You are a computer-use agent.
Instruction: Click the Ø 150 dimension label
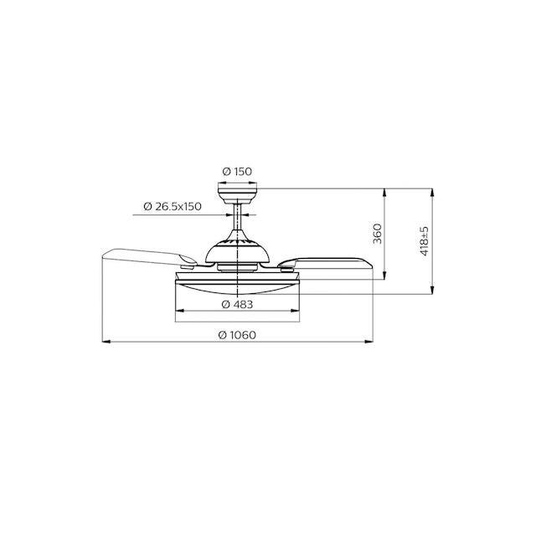[x=237, y=171]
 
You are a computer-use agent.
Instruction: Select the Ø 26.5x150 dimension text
[x=173, y=207]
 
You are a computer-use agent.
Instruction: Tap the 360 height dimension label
[x=377, y=234]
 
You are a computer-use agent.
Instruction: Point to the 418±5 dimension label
[x=425, y=240]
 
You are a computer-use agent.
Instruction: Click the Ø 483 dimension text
[x=237, y=304]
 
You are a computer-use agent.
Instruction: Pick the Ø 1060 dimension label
[x=237, y=335]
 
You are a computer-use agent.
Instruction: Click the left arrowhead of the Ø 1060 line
[x=106, y=341]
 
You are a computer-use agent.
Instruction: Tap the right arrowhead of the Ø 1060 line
[x=368, y=341]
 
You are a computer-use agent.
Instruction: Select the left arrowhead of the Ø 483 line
[x=179, y=311]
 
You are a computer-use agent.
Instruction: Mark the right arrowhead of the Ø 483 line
[x=296, y=311]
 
